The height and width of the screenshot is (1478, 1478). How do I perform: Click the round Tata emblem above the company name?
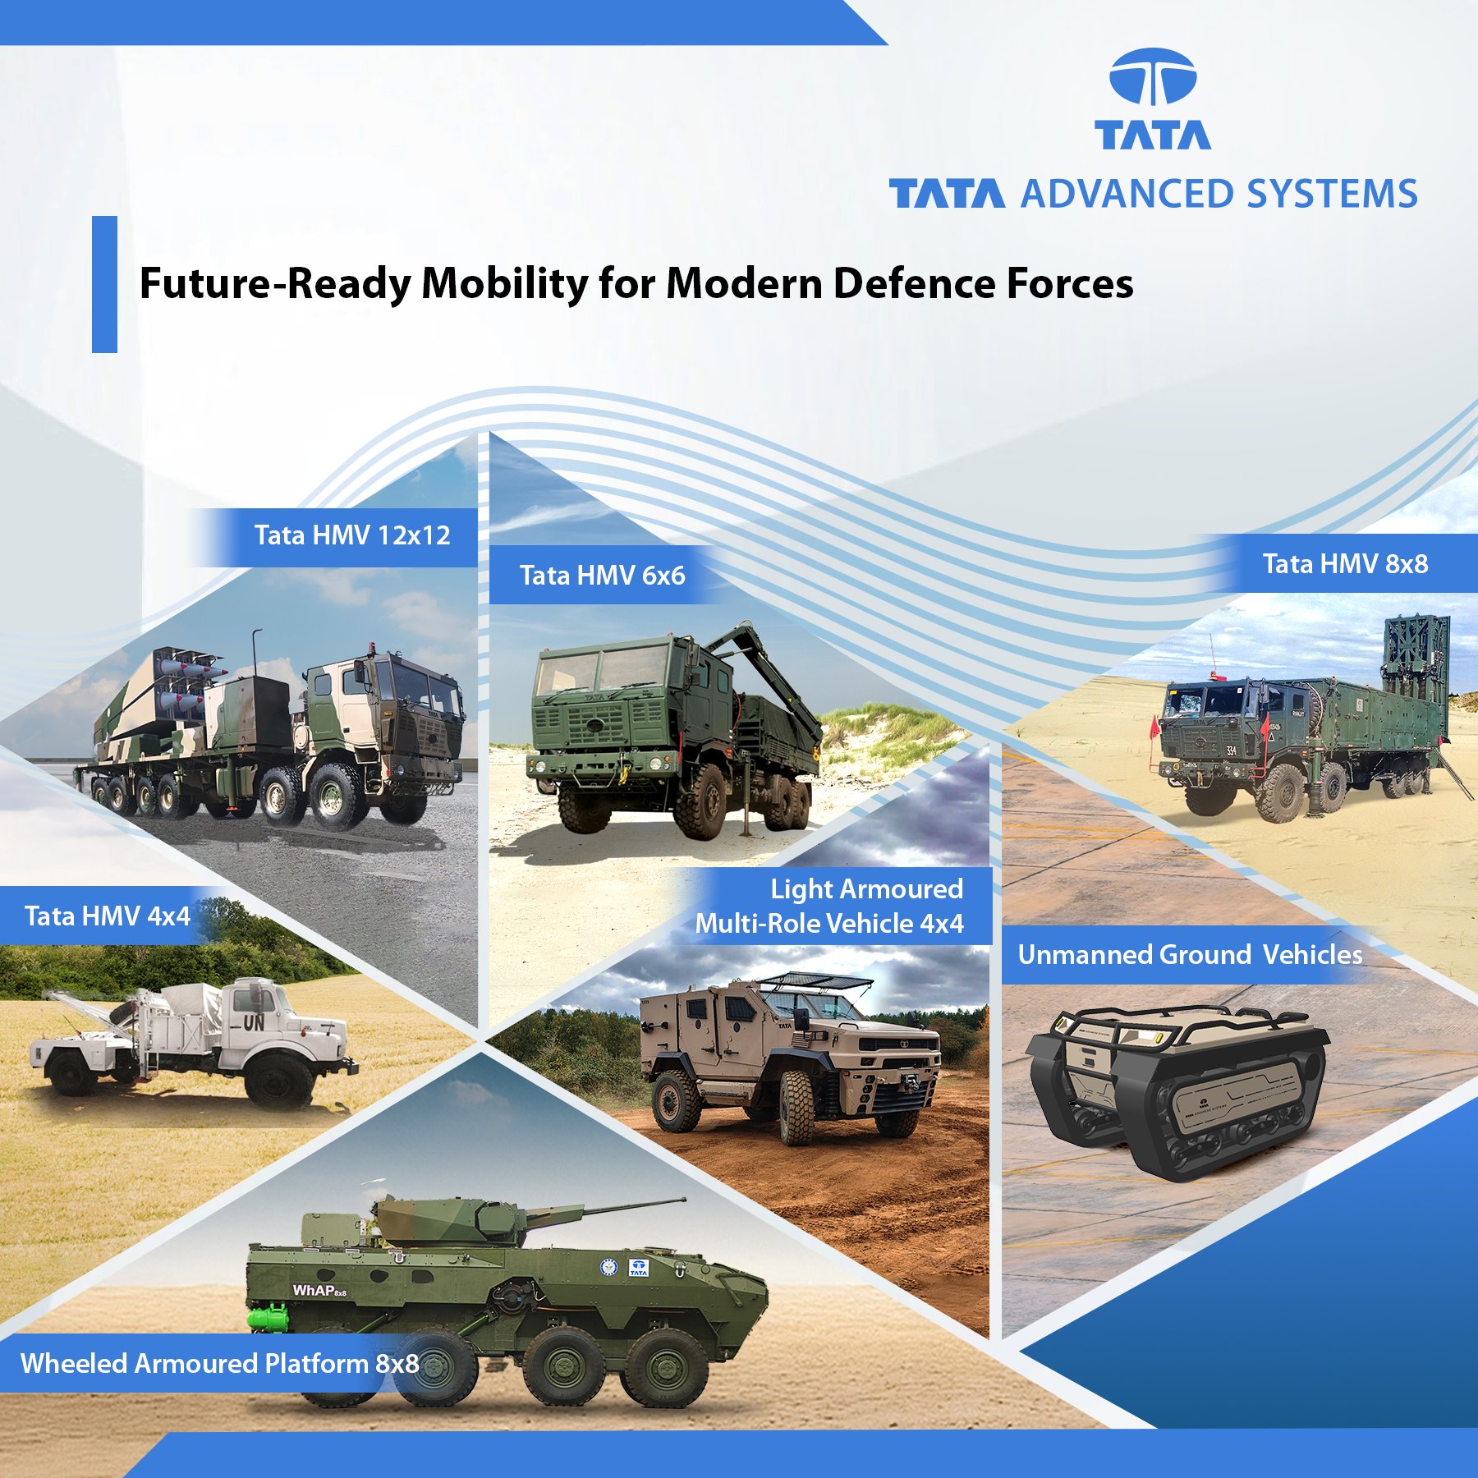coord(1152,76)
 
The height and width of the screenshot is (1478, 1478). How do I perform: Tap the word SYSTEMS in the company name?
coord(1332,195)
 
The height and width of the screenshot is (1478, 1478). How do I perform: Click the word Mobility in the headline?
coord(505,283)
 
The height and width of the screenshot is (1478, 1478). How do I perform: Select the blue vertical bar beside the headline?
coord(104,284)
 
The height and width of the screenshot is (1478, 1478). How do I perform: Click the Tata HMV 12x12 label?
coord(352,535)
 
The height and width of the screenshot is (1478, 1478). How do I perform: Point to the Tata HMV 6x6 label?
coord(602,575)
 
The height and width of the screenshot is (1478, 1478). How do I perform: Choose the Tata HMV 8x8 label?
coord(1345,563)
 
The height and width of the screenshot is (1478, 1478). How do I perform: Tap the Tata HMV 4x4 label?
coord(108,916)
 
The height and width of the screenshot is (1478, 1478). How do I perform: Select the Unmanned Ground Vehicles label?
coord(1190,954)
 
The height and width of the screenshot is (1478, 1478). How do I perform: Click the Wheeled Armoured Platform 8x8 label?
coord(220,1363)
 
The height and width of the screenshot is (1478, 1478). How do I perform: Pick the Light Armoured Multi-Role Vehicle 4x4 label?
coord(829,906)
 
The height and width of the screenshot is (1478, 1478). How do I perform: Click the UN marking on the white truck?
coord(253,1022)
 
